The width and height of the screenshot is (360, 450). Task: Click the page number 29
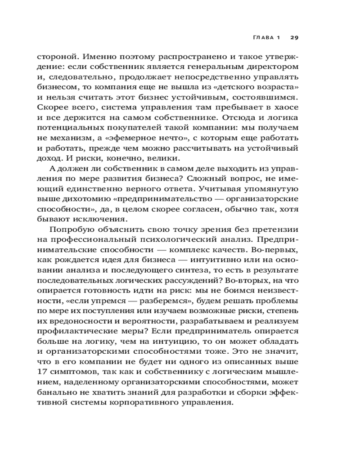294,37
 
